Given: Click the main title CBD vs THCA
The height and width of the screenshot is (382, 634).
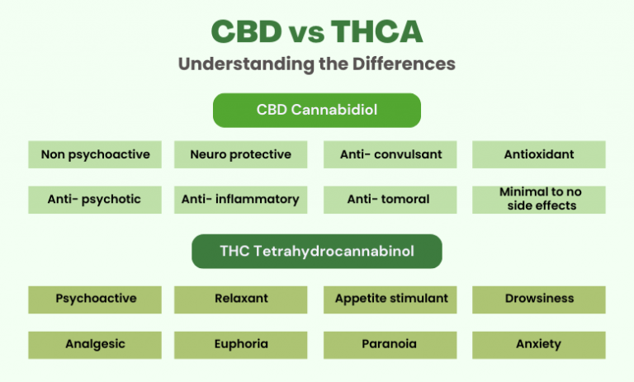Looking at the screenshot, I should click(317, 32).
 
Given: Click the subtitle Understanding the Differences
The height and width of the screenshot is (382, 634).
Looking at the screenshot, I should click(317, 64).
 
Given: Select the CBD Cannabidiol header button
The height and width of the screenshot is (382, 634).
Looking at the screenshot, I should click(317, 110).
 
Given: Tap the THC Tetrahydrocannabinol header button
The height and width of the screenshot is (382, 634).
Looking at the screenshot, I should click(317, 251).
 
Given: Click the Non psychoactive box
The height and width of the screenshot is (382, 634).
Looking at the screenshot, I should click(96, 154).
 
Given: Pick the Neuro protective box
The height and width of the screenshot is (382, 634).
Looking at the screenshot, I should click(240, 154).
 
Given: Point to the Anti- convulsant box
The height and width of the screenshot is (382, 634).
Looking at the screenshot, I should click(390, 154).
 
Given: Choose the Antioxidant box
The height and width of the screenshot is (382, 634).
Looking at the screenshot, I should click(538, 154).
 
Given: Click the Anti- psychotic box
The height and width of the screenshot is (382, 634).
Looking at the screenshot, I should click(96, 199).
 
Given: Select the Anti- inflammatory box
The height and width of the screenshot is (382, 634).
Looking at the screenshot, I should click(240, 199).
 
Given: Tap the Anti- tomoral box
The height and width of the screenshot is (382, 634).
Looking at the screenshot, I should click(390, 199).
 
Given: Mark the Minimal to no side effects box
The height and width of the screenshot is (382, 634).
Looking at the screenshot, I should click(538, 199).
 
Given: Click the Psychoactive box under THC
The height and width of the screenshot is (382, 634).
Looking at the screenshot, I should click(96, 299).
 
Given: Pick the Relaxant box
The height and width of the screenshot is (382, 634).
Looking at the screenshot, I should click(240, 299).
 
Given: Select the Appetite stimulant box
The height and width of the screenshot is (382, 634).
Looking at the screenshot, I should click(390, 299).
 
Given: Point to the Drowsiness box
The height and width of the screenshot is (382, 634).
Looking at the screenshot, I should click(538, 299).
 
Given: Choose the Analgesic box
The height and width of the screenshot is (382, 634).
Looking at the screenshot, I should click(96, 344).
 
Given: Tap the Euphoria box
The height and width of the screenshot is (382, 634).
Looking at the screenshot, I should click(240, 344).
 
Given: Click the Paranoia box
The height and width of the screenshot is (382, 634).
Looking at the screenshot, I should click(390, 344).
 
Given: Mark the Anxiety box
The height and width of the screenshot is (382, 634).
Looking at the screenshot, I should click(538, 344).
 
